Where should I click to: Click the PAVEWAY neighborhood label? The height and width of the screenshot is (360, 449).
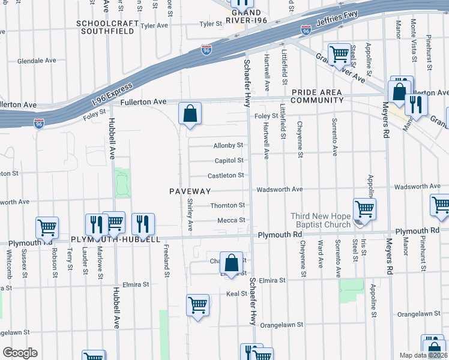pos(190,191)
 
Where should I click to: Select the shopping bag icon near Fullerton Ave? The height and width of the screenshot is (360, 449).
pos(190,113)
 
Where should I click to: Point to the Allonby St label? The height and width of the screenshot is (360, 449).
pos(228,145)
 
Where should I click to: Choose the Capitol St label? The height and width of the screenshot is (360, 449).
pos(229,160)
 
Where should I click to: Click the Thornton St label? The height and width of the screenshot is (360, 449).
pos(228,205)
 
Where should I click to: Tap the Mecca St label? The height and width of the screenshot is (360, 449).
pos(231,220)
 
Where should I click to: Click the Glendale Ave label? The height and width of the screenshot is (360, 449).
pos(37,61)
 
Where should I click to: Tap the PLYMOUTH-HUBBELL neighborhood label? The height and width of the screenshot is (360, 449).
pos(115,239)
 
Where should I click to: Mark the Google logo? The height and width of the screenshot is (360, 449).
pos(19,353)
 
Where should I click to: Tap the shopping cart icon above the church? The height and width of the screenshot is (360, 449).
pos(364,209)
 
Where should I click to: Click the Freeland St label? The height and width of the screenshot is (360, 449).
pos(166,264)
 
